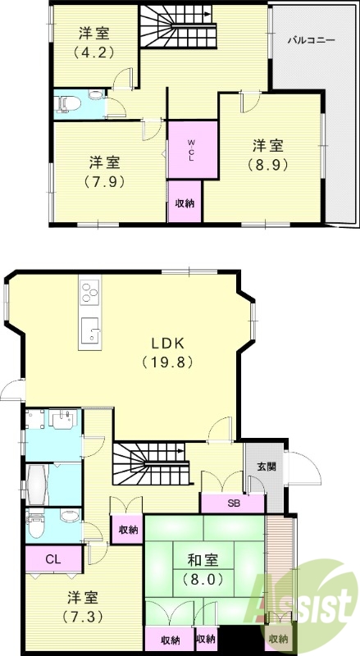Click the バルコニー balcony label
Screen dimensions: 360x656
coord(311,40)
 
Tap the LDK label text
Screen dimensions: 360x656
coord(167,344)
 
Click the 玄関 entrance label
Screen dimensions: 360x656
coord(267,467)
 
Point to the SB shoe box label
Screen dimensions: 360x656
coord(233,503)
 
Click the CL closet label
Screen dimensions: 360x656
coord(54,559)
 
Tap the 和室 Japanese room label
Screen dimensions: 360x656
coord(203,560)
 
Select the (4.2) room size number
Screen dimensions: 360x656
coord(94,52)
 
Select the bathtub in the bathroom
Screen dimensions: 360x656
coord(38,485)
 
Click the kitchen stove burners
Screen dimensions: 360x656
coord(90,292)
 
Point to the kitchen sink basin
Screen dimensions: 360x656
coord(89,330)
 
